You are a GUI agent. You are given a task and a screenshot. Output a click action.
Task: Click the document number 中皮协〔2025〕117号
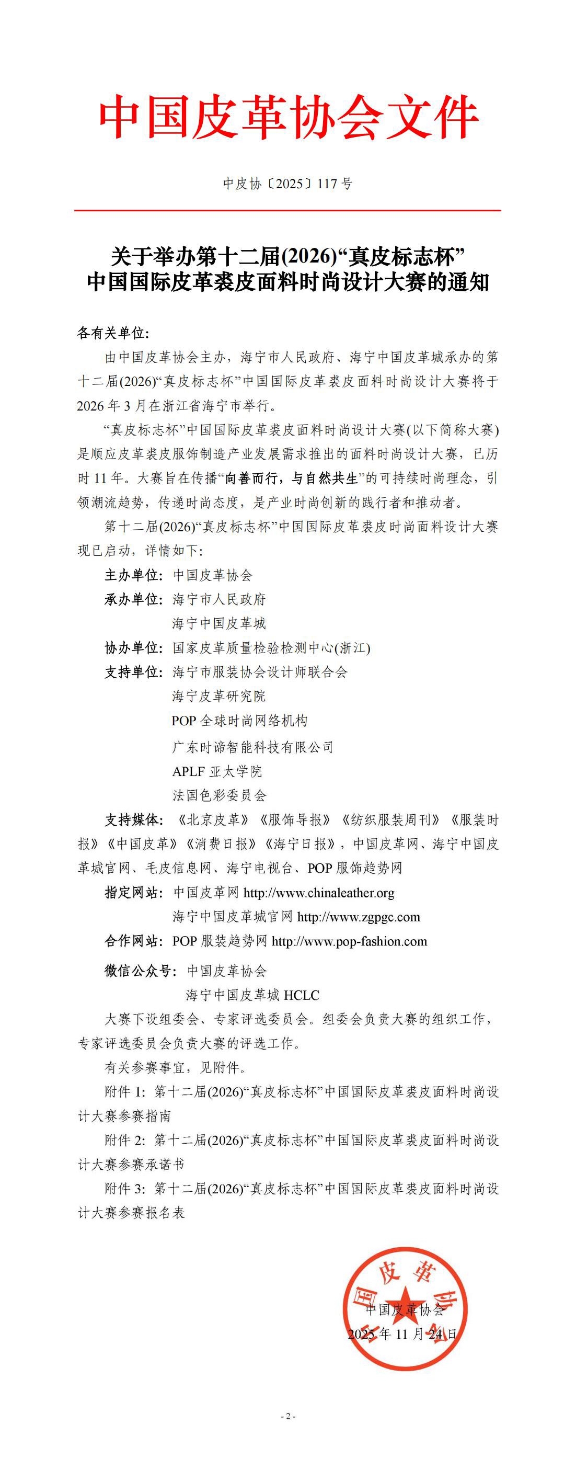click(x=287, y=184)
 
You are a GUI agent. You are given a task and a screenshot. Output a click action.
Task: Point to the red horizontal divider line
click(x=287, y=210)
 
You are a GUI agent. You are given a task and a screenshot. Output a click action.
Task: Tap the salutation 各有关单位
click(x=113, y=333)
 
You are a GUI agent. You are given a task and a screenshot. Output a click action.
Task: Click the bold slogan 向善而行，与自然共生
click(x=292, y=478)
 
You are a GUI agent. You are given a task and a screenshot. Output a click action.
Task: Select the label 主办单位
click(x=133, y=575)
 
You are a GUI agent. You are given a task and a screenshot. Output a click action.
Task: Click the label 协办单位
click(x=133, y=648)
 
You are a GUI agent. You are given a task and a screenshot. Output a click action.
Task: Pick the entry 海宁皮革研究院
click(x=218, y=696)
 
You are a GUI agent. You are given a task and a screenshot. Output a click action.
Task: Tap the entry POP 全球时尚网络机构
click(x=239, y=721)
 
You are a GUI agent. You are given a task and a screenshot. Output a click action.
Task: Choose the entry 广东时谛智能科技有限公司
click(x=252, y=747)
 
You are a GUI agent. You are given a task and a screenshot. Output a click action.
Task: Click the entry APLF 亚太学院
click(x=217, y=771)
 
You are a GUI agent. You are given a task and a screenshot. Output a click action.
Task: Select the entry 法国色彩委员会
click(x=219, y=795)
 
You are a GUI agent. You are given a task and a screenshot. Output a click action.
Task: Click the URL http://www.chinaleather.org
click(x=319, y=893)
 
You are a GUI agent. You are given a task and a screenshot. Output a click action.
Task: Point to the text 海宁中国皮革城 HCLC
click(x=252, y=995)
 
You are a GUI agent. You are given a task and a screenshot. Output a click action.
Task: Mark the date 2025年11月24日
click(x=402, y=1334)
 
